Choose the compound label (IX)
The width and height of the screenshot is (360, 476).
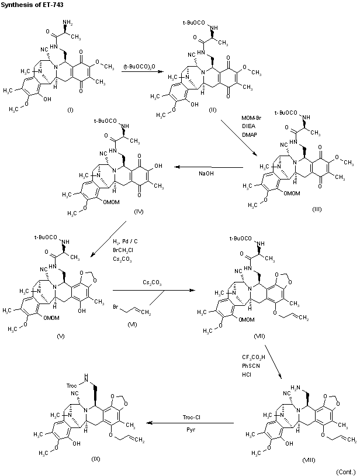pyautogui.click(x=96, y=460)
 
